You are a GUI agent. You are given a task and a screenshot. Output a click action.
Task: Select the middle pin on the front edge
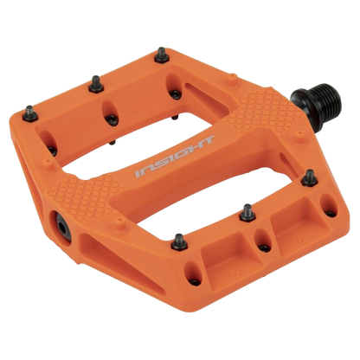click(x=246, y=208)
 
